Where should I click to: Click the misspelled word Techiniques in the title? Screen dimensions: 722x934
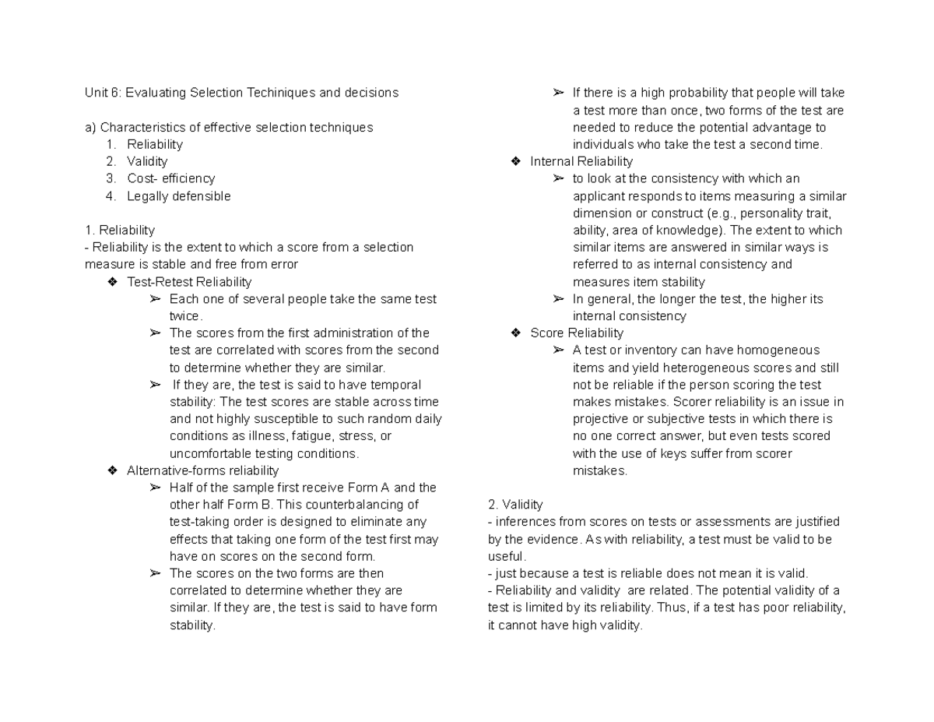pyautogui.click(x=282, y=93)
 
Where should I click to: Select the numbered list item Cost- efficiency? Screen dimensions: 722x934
pyautogui.click(x=170, y=178)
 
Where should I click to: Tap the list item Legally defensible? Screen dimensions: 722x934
pyautogui.click(x=179, y=196)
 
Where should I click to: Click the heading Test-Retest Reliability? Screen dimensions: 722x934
pyautogui.click(x=189, y=282)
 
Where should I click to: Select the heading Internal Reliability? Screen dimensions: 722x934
pyautogui.click(x=581, y=161)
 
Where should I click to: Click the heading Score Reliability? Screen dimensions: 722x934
pyautogui.click(x=577, y=333)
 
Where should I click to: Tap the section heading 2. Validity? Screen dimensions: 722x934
pyautogui.click(x=514, y=505)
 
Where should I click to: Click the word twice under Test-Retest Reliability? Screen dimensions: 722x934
pyautogui.click(x=185, y=316)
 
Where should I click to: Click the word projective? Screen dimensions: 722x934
pyautogui.click(x=601, y=419)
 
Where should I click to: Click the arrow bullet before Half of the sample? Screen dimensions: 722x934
pyautogui.click(x=155, y=488)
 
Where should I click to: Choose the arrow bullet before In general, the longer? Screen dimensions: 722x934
pyautogui.click(x=558, y=299)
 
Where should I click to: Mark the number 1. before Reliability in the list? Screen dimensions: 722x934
pyautogui.click(x=112, y=144)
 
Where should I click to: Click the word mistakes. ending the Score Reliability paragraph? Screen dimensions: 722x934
pyautogui.click(x=599, y=470)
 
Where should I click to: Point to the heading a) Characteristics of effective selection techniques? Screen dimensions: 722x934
pyautogui.click(x=228, y=127)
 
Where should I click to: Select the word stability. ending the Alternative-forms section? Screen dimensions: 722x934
pyautogui.click(x=192, y=625)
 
